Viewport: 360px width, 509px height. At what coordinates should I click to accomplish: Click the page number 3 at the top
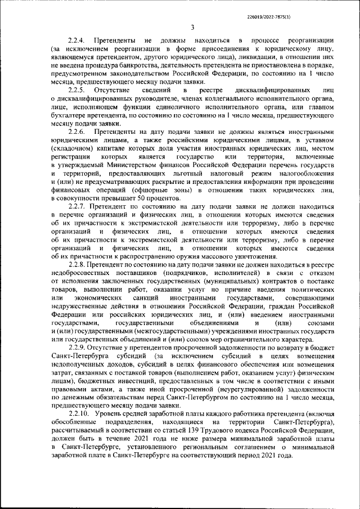pos(192,27)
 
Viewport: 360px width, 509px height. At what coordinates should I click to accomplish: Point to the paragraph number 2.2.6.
pos(76,132)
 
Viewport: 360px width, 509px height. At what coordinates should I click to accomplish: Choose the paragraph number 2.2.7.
pos(76,207)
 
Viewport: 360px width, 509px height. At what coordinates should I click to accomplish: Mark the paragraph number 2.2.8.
pos(76,264)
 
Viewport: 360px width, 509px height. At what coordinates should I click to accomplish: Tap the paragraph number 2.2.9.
pos(76,347)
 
